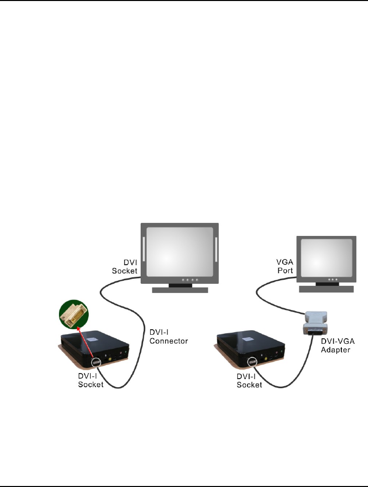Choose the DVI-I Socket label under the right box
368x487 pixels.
click(x=250, y=380)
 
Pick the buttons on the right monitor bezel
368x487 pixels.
click(x=332, y=278)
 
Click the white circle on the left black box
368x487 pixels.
click(x=96, y=363)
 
